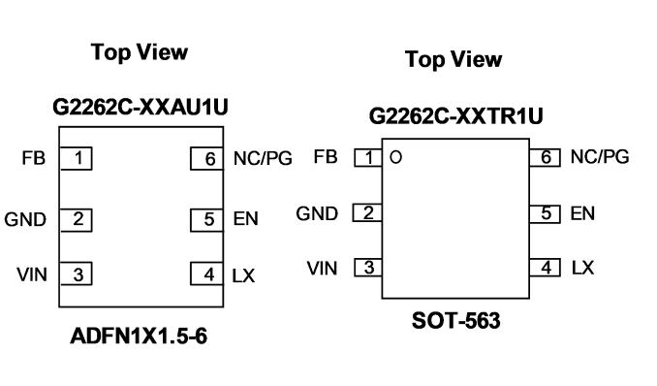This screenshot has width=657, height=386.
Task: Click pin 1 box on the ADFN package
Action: [x=76, y=159]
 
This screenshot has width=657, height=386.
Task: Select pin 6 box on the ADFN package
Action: [x=207, y=159]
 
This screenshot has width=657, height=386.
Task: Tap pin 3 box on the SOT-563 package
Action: [x=368, y=268]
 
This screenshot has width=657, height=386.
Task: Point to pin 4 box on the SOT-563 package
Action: [x=545, y=268]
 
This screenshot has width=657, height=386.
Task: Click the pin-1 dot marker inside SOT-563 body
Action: [x=396, y=157]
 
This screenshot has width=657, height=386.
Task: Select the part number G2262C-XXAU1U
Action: [x=141, y=107]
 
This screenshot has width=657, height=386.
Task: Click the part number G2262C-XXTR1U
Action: [x=455, y=115]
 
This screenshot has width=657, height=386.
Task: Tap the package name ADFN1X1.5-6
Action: [x=139, y=337]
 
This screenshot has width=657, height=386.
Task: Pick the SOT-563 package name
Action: [x=455, y=321]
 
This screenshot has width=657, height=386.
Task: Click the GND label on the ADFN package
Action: [x=25, y=219]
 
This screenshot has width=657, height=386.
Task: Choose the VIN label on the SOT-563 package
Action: [x=322, y=269]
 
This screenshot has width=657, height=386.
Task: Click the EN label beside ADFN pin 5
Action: [x=245, y=219]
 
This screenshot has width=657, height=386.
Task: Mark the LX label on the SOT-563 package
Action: [x=582, y=268]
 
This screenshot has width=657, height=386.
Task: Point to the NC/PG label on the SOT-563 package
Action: [x=600, y=157]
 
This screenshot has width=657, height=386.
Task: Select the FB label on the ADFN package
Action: [x=34, y=158]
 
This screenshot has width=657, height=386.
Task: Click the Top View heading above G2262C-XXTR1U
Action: [x=454, y=59]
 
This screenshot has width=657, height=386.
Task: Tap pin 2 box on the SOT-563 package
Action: [x=367, y=212]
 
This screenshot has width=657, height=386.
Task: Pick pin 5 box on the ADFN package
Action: [x=207, y=220]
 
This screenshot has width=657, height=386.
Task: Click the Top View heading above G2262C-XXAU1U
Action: [x=140, y=52]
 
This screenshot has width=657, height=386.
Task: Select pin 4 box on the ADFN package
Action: [x=207, y=273]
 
